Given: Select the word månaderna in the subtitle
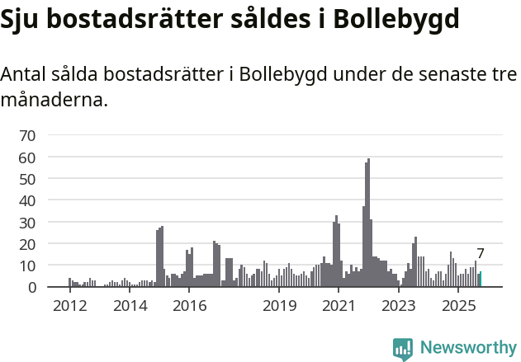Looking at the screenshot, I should coord(54,101).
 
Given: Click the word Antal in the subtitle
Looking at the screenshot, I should coord(24,74).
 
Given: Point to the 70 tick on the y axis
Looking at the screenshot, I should coord(27,135).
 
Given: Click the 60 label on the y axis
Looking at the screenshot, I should coord(27,157).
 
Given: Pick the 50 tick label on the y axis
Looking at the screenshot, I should coord(27,179).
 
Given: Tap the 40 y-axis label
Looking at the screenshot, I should coord(27,200).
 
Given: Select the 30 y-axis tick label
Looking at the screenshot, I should coord(27,223).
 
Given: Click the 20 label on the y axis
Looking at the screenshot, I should coord(27,244).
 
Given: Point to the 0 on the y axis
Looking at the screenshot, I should coord(32,288).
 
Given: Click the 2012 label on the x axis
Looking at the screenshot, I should coord(69,306).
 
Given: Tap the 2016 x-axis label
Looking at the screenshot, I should coord(190,306).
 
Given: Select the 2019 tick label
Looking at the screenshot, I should coord(280,306).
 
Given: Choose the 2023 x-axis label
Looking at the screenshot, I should coord(399,306).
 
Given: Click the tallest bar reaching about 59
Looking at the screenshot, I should coord(368,223).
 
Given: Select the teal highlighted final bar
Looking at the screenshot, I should coord(480,280).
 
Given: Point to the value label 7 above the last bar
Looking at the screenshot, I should coord(480,254).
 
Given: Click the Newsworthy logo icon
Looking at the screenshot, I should coord(403,349).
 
